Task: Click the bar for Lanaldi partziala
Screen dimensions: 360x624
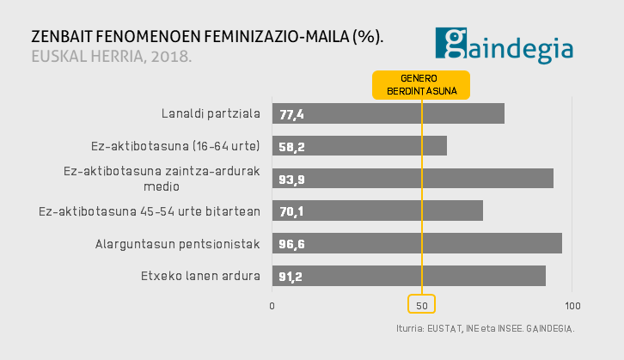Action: (x=388, y=113)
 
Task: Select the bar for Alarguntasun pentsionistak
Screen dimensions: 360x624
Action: (x=417, y=243)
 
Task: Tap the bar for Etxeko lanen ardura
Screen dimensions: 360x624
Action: (x=408, y=276)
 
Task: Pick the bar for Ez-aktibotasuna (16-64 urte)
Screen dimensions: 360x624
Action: (x=359, y=146)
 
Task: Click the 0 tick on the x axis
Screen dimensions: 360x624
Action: (x=272, y=305)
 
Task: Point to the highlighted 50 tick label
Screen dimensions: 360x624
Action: (x=421, y=305)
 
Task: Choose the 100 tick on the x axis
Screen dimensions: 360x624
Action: (x=572, y=305)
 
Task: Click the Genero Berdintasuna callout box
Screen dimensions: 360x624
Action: (x=421, y=84)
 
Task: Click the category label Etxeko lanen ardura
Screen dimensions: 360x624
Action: (x=200, y=276)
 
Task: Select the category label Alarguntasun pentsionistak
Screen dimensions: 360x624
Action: (x=177, y=244)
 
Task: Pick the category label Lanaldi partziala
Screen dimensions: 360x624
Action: (x=211, y=113)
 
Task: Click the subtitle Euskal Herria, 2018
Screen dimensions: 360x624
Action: (x=111, y=58)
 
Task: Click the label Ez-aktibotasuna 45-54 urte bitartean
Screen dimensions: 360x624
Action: (x=150, y=211)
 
